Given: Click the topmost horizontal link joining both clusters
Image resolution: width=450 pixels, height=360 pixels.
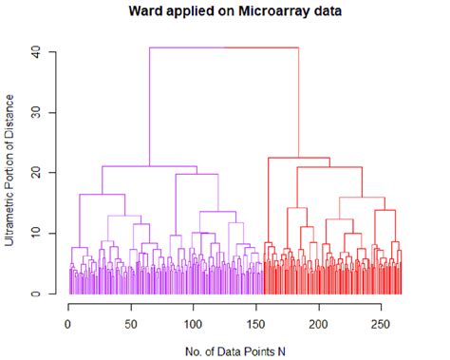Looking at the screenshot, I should tap(224, 47).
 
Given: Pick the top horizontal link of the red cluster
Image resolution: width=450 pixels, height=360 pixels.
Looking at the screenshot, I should tap(298, 158).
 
